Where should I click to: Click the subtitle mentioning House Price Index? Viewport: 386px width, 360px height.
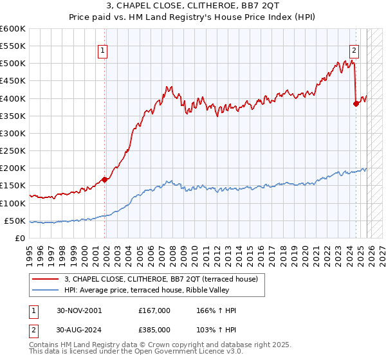pyautogui.click(x=193, y=18)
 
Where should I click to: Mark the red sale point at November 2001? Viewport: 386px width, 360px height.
pyautogui.click(x=105, y=180)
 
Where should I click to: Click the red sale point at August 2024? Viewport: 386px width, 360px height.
pyautogui.click(x=356, y=104)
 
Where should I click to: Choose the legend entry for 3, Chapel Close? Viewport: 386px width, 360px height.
pyautogui.click(x=161, y=279)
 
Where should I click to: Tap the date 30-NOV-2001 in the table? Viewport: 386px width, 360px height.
pyautogui.click(x=80, y=310)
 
